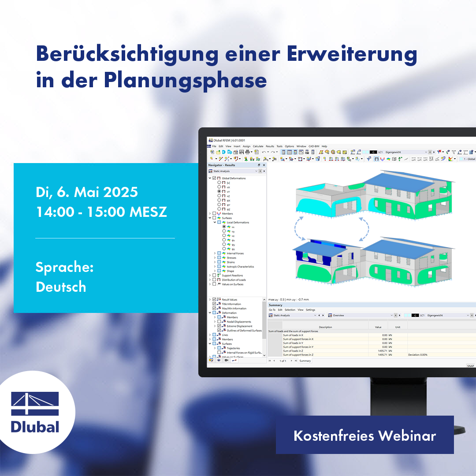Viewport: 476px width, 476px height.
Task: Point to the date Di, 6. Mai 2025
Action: [87, 192]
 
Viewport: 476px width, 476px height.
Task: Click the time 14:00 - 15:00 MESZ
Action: [101, 212]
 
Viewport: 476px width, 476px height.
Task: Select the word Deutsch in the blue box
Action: [61, 287]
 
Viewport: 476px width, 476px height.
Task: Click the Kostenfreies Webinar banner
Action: [364, 436]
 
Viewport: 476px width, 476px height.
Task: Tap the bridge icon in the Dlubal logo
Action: [35, 404]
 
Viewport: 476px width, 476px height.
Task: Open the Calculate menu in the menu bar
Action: [258, 146]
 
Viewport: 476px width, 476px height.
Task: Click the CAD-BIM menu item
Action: [314, 146]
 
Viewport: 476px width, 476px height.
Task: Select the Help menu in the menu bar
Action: [324, 146]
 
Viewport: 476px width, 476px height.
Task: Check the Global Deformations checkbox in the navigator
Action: [214, 178]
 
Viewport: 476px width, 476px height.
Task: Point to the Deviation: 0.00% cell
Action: [417, 354]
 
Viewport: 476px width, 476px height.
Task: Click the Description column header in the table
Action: [325, 327]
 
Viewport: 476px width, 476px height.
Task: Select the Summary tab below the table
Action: [305, 361]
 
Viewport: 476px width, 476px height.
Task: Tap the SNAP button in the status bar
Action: [470, 366]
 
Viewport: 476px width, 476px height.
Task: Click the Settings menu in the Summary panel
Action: [311, 310]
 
